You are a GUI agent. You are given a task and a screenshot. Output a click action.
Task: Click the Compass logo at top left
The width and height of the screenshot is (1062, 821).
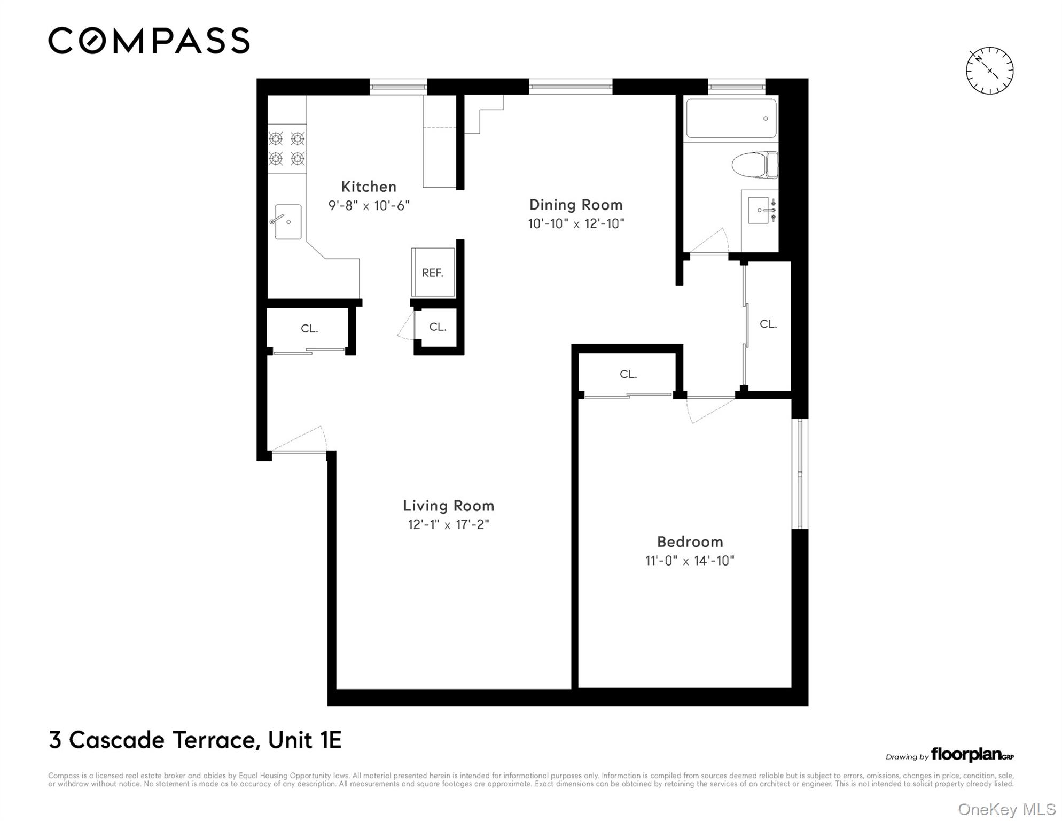149,41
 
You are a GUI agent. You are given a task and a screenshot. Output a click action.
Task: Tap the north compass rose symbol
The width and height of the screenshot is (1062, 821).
989,71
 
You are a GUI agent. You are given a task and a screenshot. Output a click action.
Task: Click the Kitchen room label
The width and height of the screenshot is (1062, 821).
369,187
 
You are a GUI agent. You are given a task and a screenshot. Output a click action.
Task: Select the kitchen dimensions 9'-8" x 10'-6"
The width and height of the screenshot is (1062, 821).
369,205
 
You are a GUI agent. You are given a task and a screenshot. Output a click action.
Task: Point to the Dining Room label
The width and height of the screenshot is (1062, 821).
576,205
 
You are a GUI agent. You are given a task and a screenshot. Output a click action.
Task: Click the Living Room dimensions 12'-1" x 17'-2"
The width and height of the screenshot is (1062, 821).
448,524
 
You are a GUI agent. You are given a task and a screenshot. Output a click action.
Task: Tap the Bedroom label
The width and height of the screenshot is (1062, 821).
690,541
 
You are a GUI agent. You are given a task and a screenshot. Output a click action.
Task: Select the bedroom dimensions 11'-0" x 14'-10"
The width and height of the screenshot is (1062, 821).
690,560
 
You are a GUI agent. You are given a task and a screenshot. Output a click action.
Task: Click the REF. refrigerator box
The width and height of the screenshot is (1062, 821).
433,273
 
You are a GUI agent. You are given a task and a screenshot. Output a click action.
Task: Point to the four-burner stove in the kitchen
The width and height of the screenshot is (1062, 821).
287,149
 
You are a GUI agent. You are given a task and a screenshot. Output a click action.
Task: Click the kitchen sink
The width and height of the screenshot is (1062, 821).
287,221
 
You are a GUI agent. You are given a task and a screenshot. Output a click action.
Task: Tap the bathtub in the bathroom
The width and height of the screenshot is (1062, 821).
731,118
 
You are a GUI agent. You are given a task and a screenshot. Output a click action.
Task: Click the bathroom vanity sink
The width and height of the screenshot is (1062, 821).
759,210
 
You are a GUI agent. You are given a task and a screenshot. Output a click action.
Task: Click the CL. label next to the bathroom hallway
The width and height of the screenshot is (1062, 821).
768,324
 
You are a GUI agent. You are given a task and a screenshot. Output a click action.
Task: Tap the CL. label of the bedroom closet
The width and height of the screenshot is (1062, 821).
628,374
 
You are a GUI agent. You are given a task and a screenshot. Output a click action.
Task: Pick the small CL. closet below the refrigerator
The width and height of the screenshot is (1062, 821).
438,327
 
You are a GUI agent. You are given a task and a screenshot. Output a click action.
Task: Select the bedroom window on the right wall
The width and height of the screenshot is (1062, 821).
800,474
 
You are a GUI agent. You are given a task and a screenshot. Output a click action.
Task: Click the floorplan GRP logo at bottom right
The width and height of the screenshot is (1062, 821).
972,754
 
